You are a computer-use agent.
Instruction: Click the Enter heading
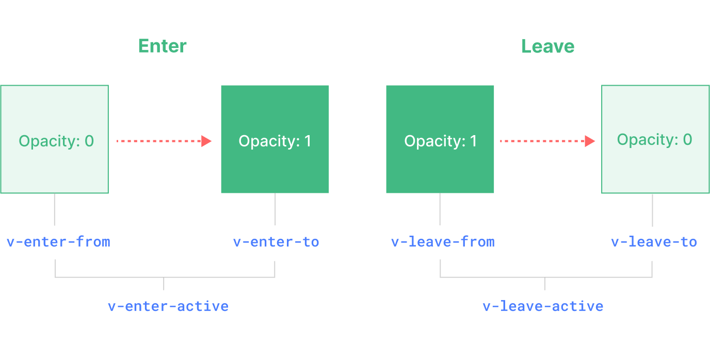point(162,46)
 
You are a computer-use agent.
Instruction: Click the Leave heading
point(547,46)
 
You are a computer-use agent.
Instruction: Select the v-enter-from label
point(58,242)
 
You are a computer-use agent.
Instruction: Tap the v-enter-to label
point(276,242)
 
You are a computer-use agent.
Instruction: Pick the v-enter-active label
point(168,306)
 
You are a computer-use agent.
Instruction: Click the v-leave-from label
point(443,242)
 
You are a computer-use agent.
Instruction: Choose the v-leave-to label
point(654,242)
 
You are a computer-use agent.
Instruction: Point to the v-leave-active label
point(543,306)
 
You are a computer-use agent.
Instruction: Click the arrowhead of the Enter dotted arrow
point(206,141)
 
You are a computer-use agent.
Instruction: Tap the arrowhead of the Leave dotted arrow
point(590,141)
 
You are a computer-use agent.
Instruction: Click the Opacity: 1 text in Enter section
point(275,141)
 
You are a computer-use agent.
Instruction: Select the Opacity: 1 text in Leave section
point(441,141)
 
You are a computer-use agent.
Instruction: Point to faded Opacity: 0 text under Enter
point(56,141)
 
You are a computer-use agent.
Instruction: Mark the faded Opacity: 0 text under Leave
point(654,140)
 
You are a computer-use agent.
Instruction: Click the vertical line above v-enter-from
point(54,209)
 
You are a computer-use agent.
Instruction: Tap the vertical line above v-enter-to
point(275,209)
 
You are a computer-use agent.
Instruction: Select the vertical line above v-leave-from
point(440,209)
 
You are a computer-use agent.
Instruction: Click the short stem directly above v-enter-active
point(164,284)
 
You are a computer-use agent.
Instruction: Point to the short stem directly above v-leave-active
point(545,284)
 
